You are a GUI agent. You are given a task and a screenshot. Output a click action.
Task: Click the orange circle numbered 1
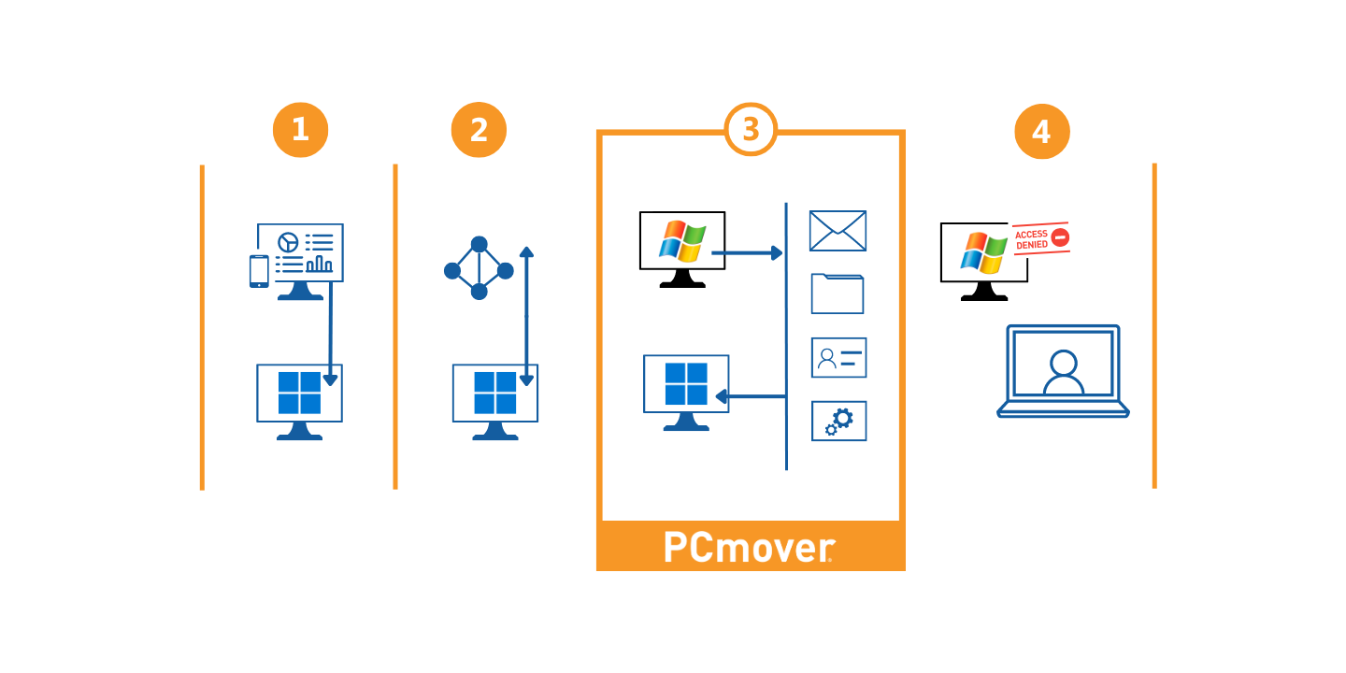[x=300, y=130]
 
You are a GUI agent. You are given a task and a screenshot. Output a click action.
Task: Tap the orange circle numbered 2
[x=479, y=130]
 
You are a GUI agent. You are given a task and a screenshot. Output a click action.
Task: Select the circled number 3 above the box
[x=751, y=130]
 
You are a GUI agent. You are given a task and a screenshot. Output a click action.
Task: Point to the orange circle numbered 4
[x=1041, y=132]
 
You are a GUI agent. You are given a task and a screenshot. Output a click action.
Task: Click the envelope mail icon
[x=838, y=231]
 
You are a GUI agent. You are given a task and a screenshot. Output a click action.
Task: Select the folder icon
[x=838, y=294]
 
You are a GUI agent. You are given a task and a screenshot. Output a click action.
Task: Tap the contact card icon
[x=838, y=357]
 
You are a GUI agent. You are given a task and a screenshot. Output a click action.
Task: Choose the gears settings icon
[x=838, y=421]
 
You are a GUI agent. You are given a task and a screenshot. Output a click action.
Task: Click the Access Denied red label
[x=1040, y=238]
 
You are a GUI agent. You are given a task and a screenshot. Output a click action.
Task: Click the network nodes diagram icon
[x=479, y=268]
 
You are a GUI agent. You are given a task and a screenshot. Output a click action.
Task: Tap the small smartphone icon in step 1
[x=259, y=271]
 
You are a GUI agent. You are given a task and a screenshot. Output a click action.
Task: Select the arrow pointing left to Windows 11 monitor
[x=750, y=397]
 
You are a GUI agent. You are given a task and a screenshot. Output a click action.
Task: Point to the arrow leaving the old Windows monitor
[x=747, y=252]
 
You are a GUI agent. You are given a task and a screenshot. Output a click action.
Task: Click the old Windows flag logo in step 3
[x=682, y=241]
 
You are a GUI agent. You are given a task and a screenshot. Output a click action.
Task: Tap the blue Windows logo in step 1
[x=299, y=393]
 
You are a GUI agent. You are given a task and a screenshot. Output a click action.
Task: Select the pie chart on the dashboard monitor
[x=288, y=242]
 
